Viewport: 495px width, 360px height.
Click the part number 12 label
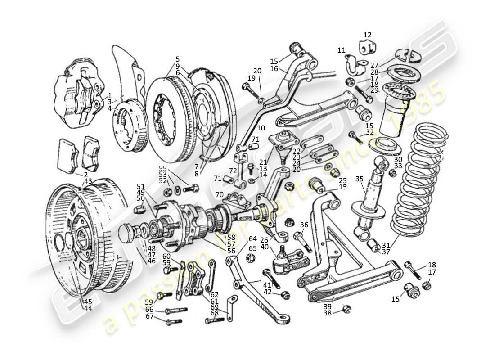point(368,35)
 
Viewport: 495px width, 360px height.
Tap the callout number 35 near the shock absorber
point(359,179)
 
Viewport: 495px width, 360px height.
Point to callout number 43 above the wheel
point(88,181)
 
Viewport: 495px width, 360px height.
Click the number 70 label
point(219,195)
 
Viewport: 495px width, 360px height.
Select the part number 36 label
point(304,225)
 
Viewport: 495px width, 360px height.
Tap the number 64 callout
point(253,238)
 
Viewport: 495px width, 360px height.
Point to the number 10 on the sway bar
point(261,128)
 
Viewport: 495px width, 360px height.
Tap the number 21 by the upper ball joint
point(263,162)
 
